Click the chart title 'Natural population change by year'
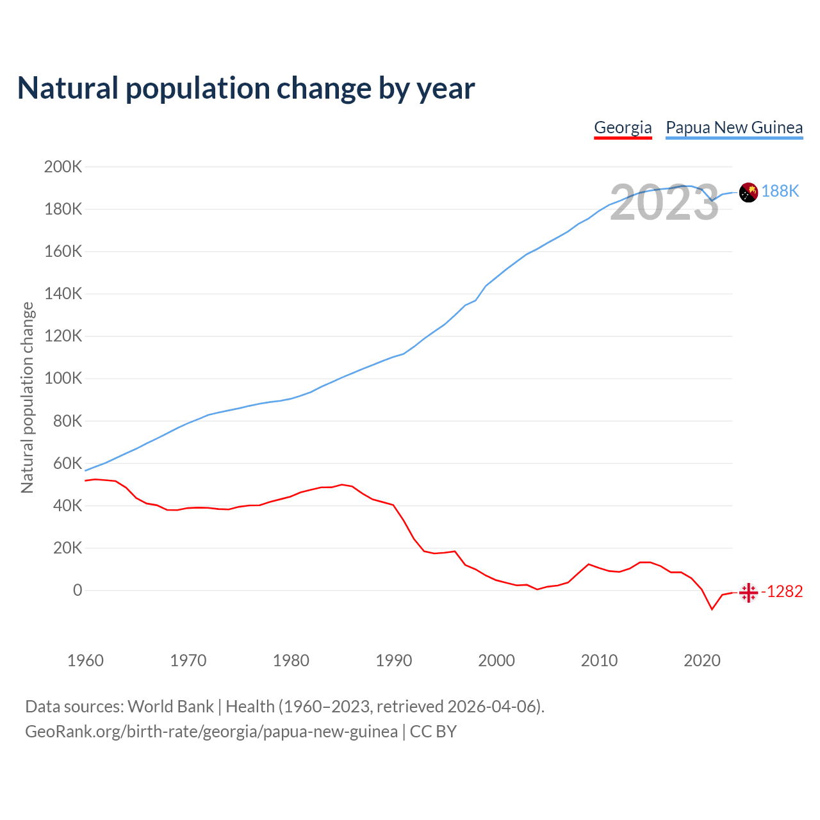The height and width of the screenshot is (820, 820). coord(246,88)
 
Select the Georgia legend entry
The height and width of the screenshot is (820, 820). coord(623,127)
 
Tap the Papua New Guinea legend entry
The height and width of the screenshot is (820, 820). coord(734,127)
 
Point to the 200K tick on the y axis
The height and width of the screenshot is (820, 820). coord(63,167)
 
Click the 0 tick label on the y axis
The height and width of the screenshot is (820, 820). coord(78,591)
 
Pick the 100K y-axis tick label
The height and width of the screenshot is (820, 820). coord(63,379)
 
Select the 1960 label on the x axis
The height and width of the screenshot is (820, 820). coord(85,660)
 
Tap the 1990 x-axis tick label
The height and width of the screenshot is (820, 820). coord(393,660)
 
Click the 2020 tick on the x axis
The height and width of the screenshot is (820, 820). coord(702,660)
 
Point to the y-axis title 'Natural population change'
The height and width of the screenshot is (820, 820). coord(27,398)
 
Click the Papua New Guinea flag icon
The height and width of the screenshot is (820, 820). coord(748,192)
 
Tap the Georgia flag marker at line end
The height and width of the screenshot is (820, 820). coord(748,593)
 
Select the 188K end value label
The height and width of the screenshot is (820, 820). coord(780,192)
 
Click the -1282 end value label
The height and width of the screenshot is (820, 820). coord(782,592)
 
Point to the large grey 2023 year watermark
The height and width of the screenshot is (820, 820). coord(664,203)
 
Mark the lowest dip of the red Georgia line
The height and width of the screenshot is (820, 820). coord(712,609)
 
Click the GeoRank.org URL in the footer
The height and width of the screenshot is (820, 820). coord(211,732)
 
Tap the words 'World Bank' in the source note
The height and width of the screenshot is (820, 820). coord(170,707)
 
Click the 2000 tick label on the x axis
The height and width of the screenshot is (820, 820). coord(496,660)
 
